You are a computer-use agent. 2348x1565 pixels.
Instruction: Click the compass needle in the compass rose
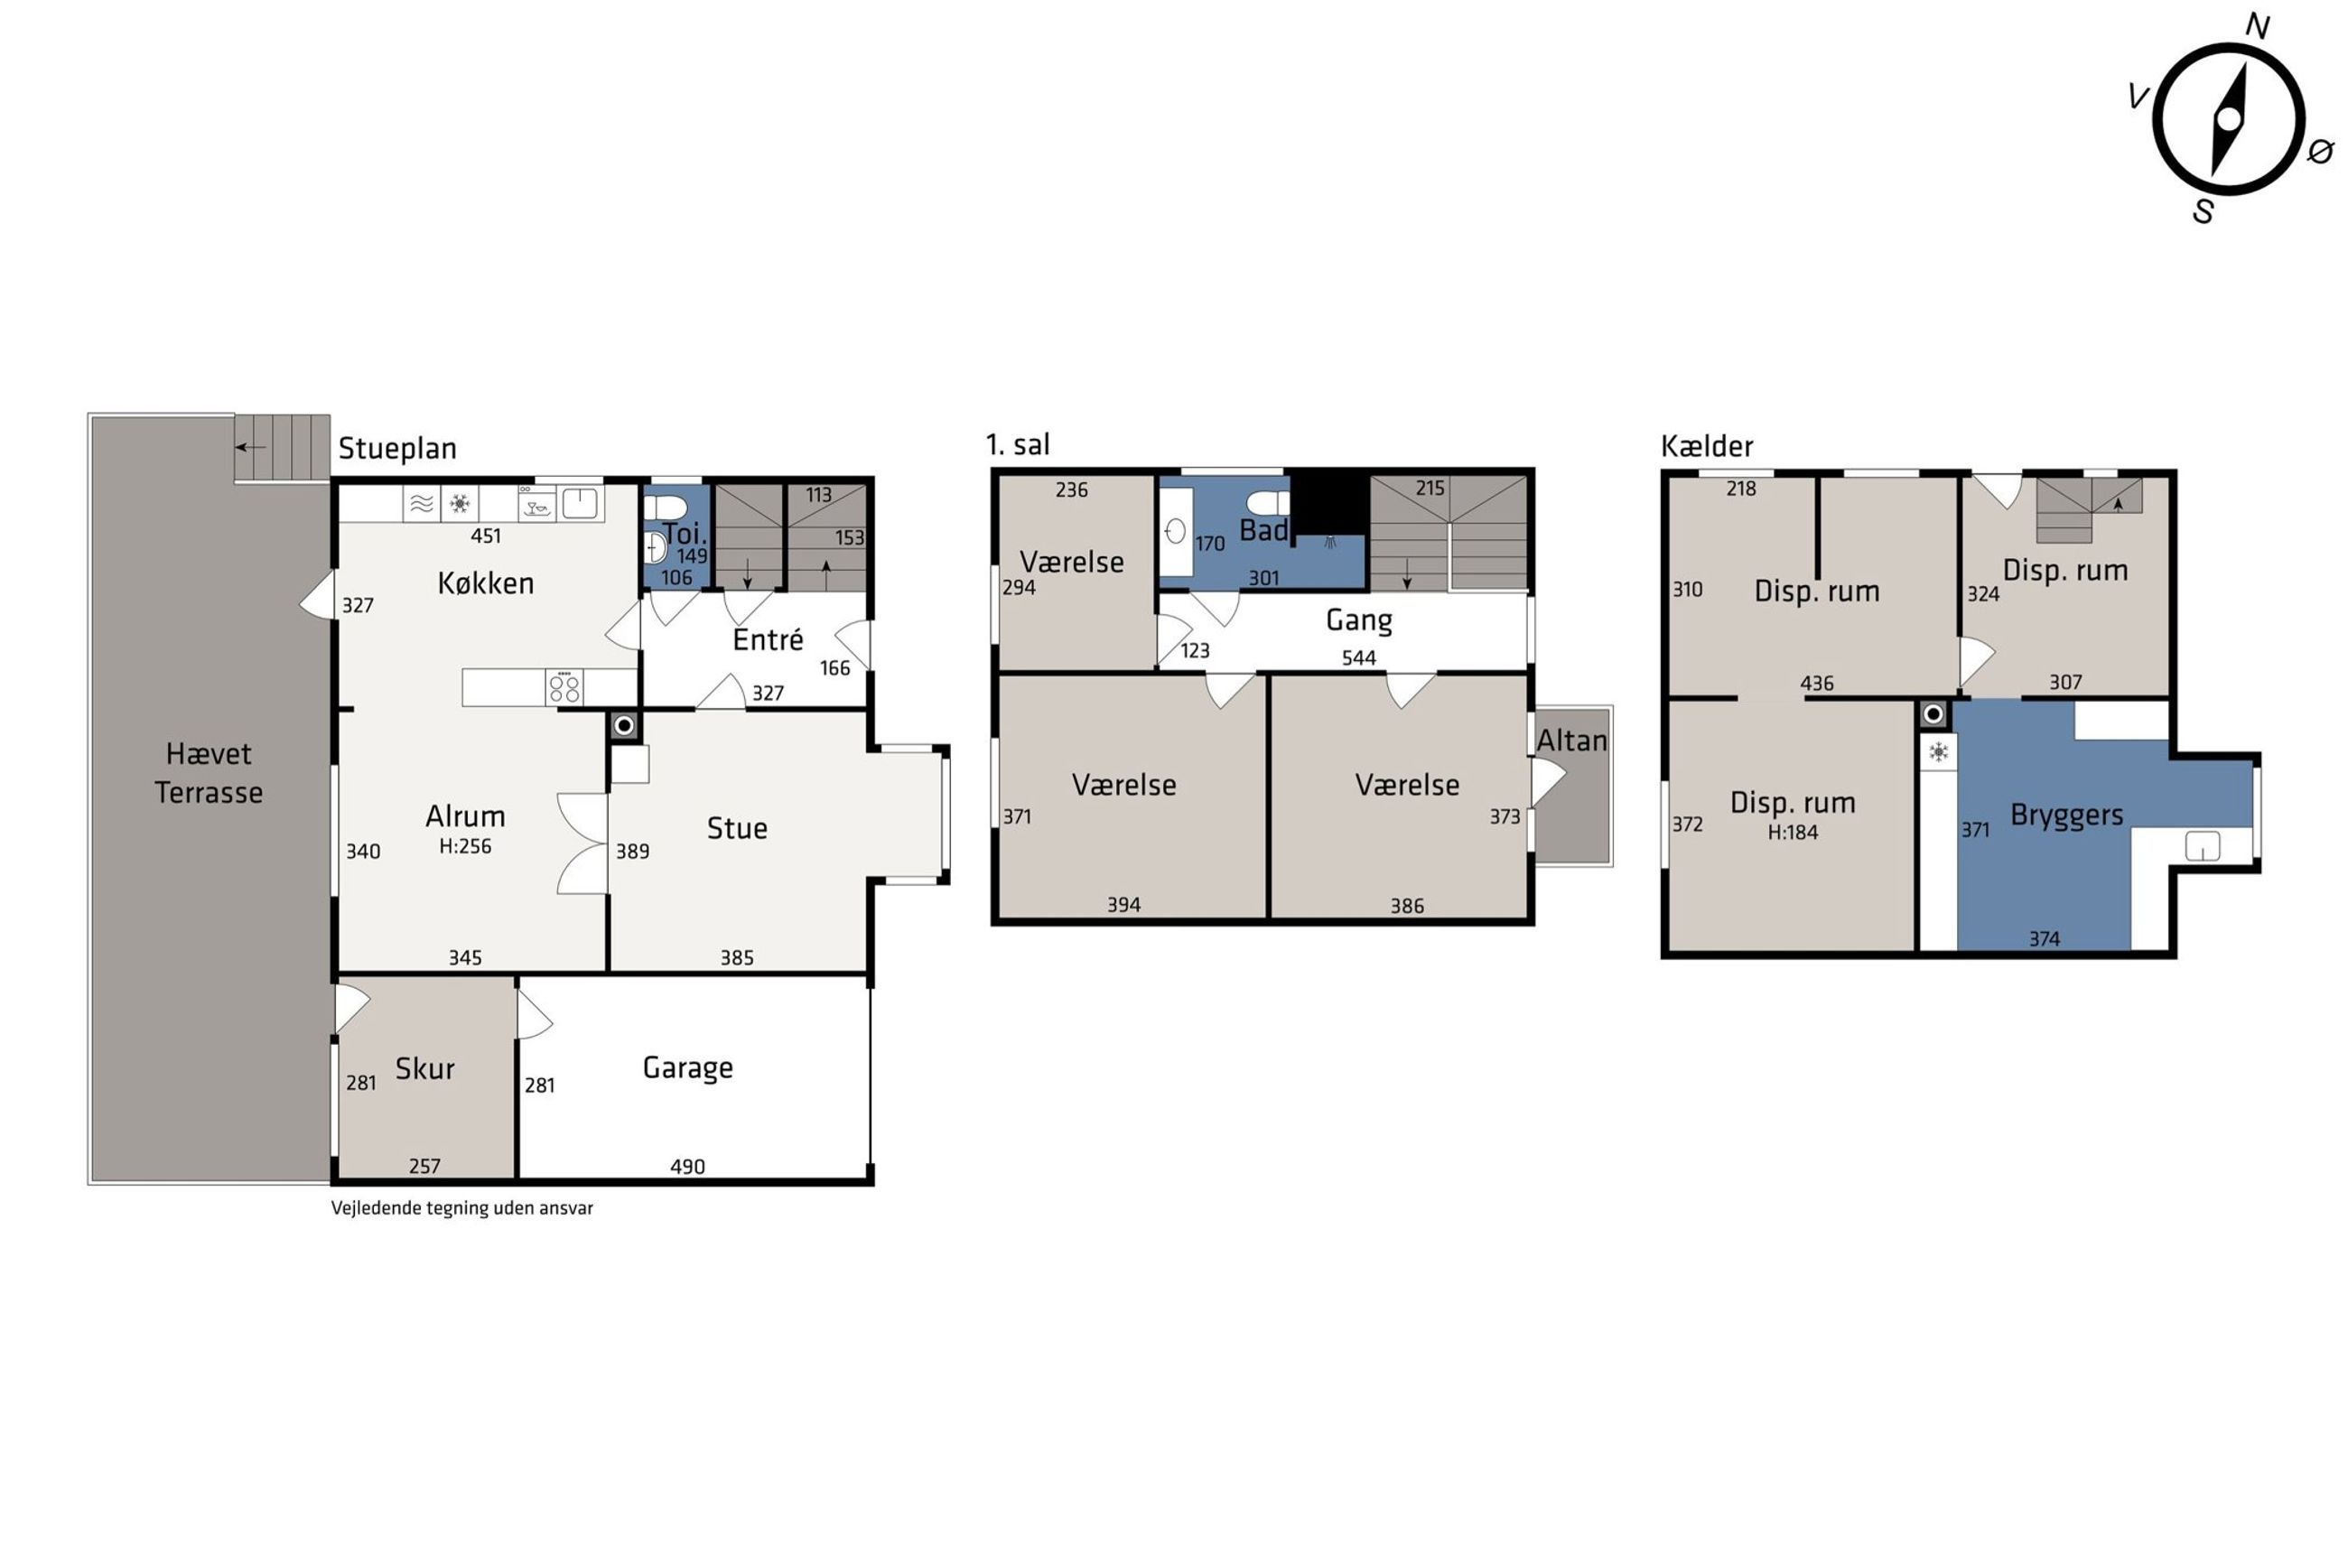[x=2228, y=121]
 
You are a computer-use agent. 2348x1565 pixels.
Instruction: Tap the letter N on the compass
[x=2257, y=27]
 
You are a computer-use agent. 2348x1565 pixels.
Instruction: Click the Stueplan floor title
[x=397, y=449]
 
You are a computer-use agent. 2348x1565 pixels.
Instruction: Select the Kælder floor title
[x=1707, y=446]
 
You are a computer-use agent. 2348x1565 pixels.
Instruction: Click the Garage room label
[x=687, y=1068]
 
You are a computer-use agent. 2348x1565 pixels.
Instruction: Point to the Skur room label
[x=425, y=1068]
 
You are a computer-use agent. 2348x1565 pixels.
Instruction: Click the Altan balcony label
[x=1571, y=741]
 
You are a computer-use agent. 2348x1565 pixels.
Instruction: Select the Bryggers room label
[x=2066, y=815]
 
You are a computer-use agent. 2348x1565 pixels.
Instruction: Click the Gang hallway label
[x=1359, y=620]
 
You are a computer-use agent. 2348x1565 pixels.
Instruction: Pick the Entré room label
[x=768, y=638]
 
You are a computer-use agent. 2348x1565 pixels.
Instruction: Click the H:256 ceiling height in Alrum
[x=465, y=846]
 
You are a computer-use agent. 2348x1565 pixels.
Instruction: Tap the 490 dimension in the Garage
[x=687, y=1166]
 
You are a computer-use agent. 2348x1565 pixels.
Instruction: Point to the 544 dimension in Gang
[x=1359, y=657]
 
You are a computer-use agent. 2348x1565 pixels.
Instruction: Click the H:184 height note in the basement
[x=1794, y=833]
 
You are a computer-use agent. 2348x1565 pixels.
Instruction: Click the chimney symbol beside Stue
[x=625, y=726]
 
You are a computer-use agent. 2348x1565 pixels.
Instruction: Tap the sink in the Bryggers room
[x=2203, y=846]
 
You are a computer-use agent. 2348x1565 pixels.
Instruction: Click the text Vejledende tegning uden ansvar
[x=462, y=1207]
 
